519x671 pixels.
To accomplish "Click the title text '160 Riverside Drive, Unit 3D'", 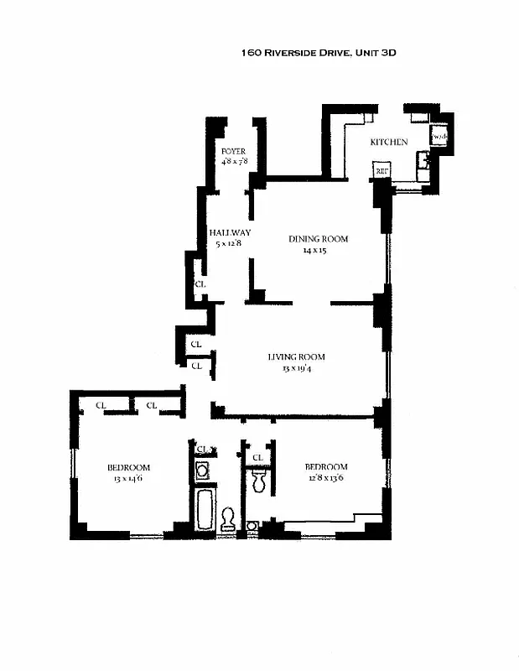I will [318, 52].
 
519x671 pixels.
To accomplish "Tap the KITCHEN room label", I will [389, 142].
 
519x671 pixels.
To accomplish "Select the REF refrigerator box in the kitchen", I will [381, 171].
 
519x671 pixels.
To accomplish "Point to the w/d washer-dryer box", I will [439, 136].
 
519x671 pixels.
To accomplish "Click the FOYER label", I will [232, 151].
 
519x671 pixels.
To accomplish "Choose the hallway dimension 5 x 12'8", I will [229, 243].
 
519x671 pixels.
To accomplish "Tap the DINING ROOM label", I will [318, 239].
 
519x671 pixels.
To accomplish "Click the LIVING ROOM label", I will [296, 356].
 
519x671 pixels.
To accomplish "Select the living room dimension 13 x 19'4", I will [296, 367].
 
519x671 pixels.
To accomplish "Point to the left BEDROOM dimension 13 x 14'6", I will [128, 479].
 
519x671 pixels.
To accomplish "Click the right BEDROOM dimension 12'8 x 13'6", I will [325, 478].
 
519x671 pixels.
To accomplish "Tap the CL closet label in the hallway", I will [200, 284].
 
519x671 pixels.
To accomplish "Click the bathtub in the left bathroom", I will [204, 510].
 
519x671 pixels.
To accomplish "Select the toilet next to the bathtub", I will [227, 520].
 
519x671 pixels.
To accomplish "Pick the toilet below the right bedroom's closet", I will [258, 481].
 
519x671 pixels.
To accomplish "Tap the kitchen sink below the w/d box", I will [425, 163].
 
